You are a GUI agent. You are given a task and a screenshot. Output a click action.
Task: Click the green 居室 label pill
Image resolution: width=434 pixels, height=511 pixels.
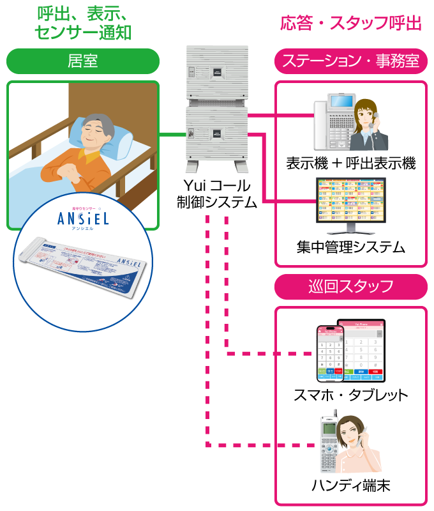click(x=82, y=61)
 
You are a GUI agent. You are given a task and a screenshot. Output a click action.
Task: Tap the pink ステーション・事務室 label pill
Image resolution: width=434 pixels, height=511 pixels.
click(x=350, y=61)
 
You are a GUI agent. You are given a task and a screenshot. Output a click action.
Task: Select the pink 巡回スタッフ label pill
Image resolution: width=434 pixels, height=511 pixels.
click(x=350, y=286)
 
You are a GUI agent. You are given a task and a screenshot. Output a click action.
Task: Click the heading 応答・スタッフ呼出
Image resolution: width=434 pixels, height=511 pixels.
click(x=351, y=24)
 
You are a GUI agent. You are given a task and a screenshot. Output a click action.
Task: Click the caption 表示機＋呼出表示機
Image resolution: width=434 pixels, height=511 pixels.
click(x=350, y=164)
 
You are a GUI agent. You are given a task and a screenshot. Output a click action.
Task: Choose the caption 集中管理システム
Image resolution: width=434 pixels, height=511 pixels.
click(x=350, y=247)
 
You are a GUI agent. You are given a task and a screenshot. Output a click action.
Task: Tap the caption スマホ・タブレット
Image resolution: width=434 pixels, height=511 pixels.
click(x=350, y=395)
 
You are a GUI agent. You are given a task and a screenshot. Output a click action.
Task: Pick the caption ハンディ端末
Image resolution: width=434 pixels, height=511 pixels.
click(x=350, y=485)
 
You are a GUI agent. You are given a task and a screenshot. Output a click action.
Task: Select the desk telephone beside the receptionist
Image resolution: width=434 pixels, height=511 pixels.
click(x=333, y=121)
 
